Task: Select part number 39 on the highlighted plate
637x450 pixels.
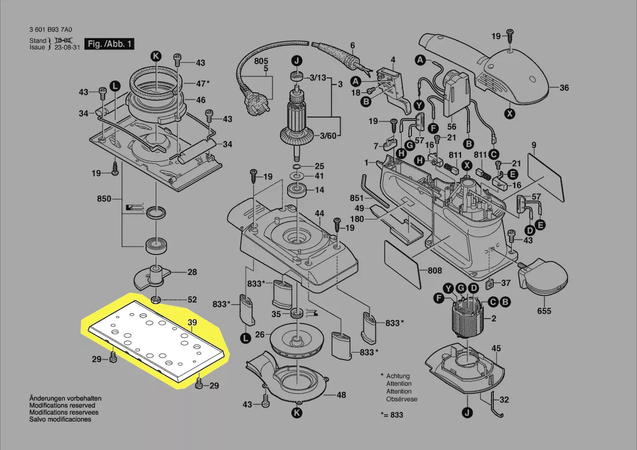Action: (x=192, y=323)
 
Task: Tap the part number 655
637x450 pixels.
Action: (x=544, y=311)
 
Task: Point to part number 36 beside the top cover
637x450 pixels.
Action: (x=564, y=88)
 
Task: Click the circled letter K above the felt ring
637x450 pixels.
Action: (x=156, y=56)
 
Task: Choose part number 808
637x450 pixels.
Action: (x=434, y=271)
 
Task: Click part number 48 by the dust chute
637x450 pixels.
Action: (x=341, y=395)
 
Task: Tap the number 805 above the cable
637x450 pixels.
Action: (x=262, y=61)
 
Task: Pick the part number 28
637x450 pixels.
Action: (x=192, y=272)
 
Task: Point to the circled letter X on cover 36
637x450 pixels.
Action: (x=510, y=113)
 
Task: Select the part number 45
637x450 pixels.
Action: (x=496, y=348)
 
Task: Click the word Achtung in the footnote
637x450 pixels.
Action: (x=399, y=376)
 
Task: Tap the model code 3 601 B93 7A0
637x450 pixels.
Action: (x=55, y=31)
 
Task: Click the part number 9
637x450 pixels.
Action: (x=534, y=145)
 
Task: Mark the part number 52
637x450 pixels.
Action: (x=192, y=300)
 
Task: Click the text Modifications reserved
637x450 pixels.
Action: (x=62, y=405)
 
